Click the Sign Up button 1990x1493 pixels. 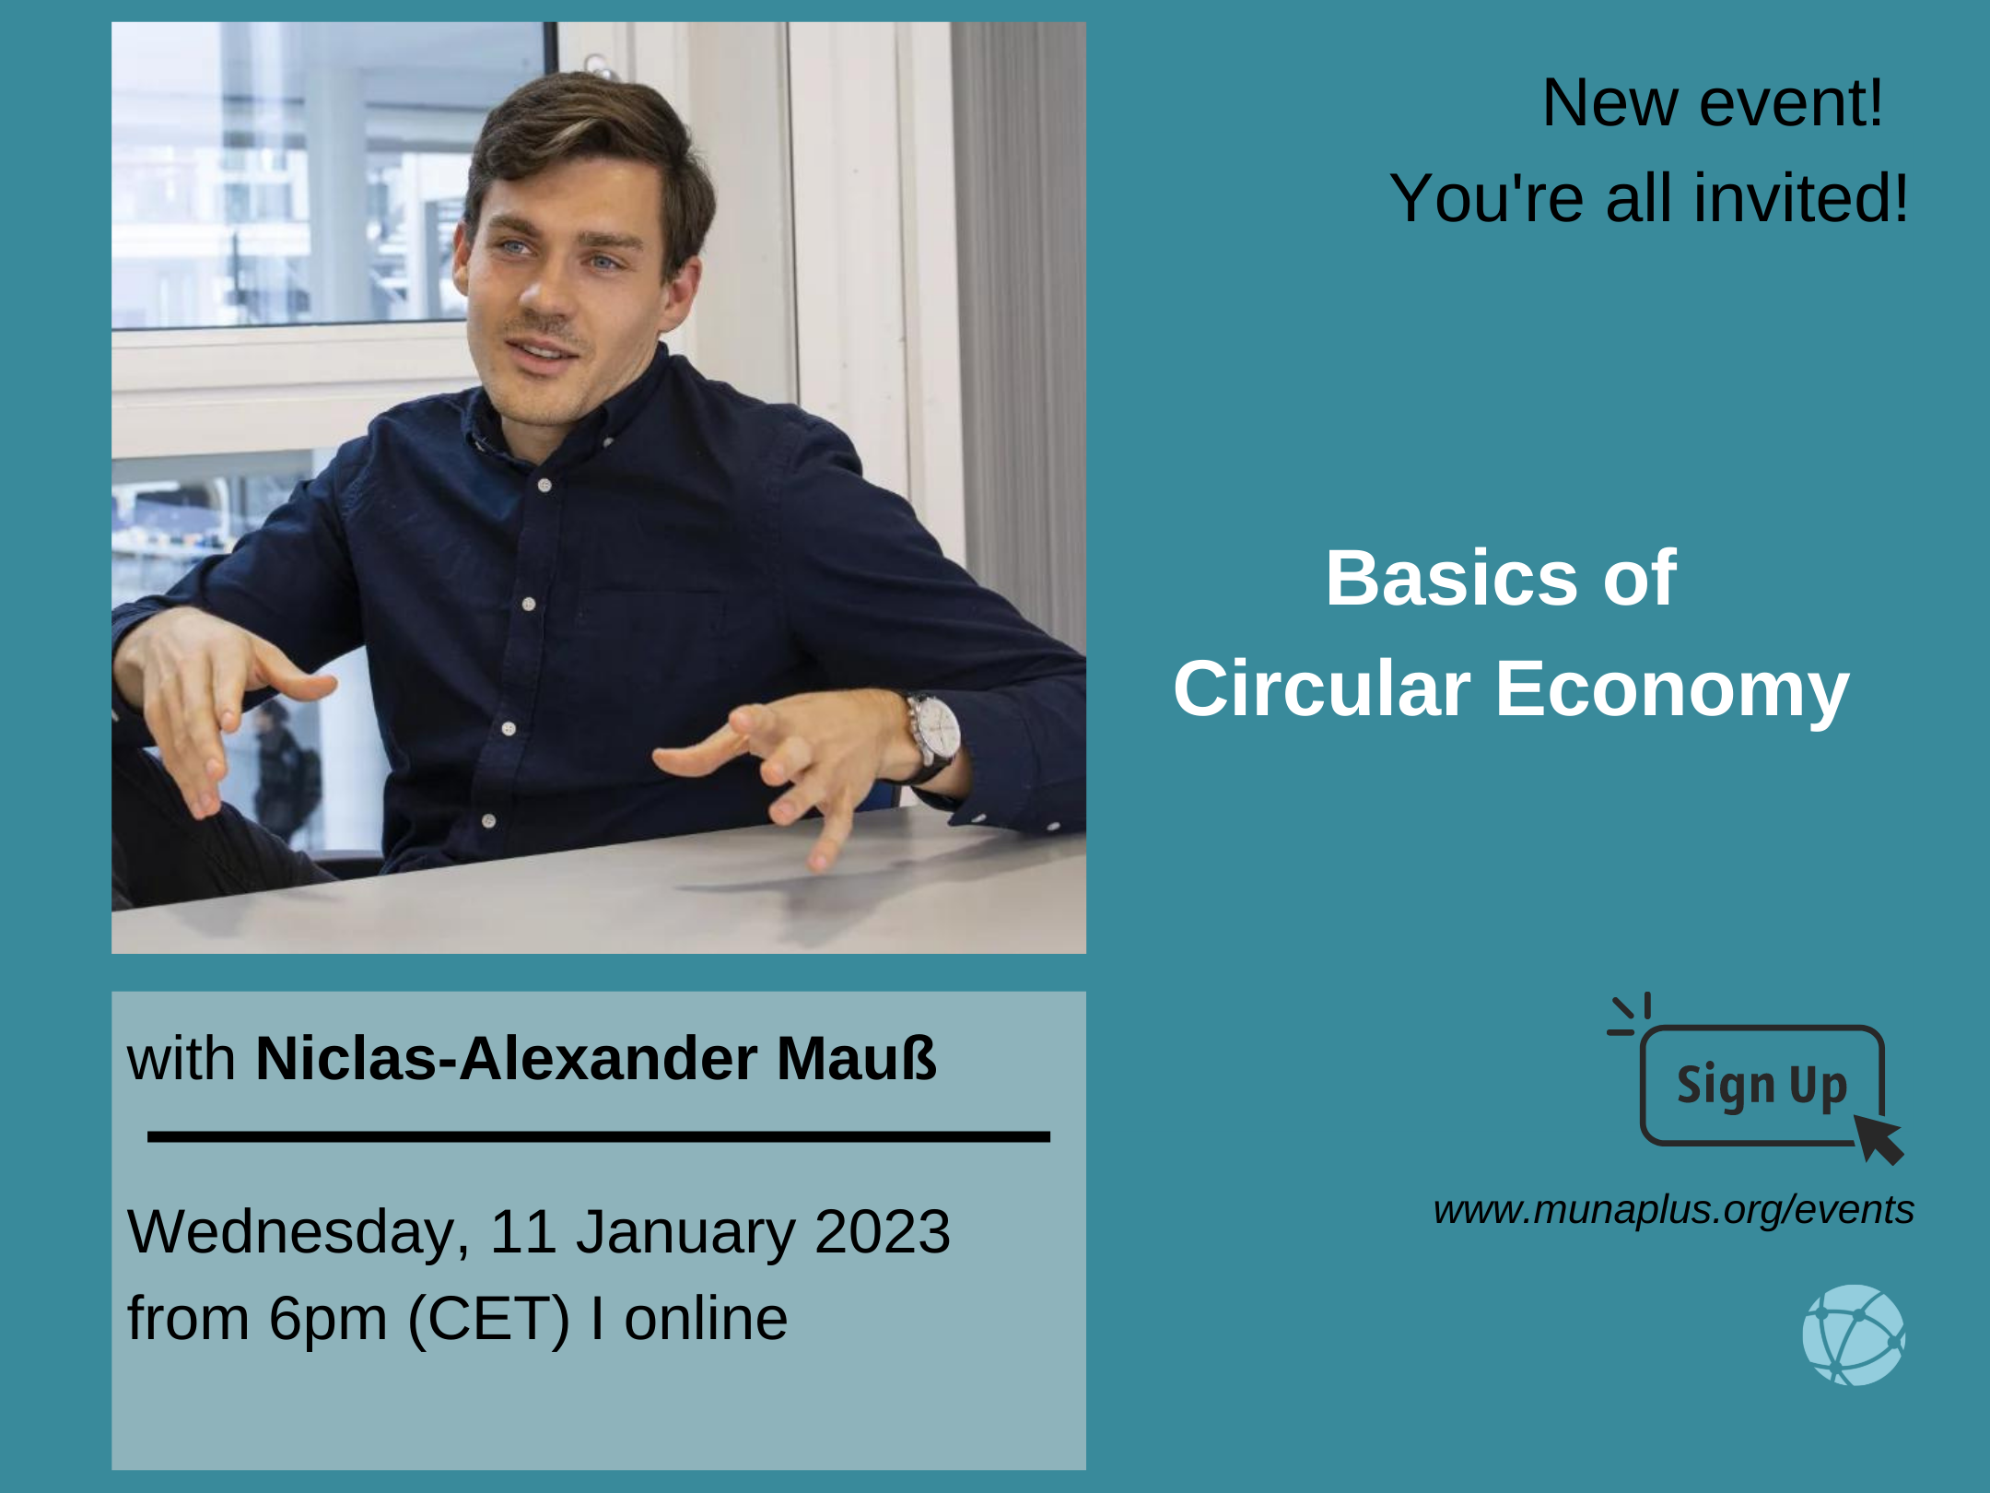click(1762, 1085)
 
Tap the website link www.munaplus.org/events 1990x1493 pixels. click(1673, 1210)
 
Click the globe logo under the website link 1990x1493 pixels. click(1854, 1334)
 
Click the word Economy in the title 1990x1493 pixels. click(1672, 689)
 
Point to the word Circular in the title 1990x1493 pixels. click(1322, 688)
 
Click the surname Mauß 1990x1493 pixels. click(856, 1058)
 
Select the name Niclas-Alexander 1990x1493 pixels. click(506, 1058)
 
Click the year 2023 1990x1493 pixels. click(882, 1231)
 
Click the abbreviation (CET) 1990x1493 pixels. click(488, 1320)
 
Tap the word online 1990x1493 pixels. click(706, 1318)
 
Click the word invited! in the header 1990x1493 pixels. click(1800, 198)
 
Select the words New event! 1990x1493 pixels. click(1712, 102)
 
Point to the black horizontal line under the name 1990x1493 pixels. click(599, 1136)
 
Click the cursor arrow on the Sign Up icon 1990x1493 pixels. click(1879, 1139)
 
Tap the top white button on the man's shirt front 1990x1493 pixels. click(544, 485)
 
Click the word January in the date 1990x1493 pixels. click(685, 1232)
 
